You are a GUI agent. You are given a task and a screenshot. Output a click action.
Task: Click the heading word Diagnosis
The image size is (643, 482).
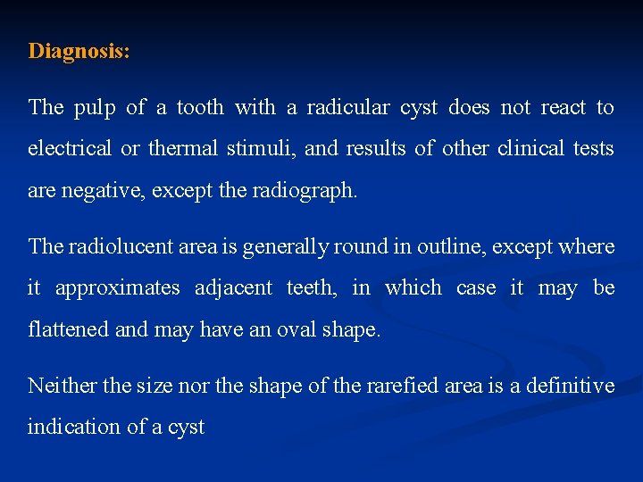click(x=78, y=51)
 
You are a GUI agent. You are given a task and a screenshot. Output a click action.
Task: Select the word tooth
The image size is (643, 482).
click(x=200, y=108)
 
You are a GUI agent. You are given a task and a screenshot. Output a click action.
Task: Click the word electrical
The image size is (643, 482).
click(x=70, y=149)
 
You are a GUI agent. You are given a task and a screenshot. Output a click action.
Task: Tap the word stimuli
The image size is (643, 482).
click(x=265, y=149)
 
